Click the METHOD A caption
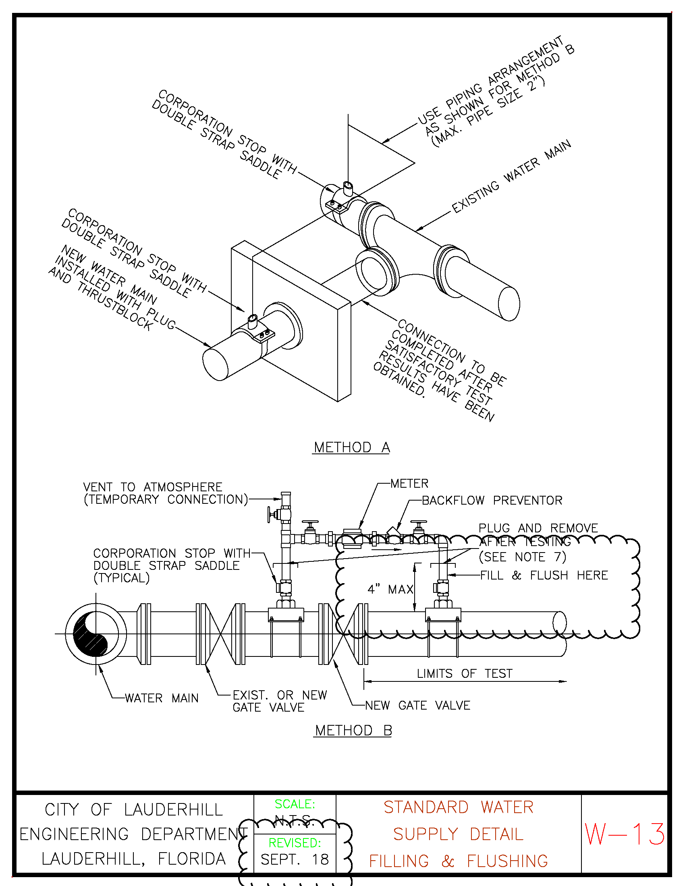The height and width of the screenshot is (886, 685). pyautogui.click(x=351, y=447)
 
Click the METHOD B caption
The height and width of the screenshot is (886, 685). pyautogui.click(x=353, y=730)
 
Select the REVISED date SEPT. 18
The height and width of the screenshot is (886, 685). pyautogui.click(x=295, y=859)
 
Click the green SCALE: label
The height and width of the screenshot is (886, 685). pyautogui.click(x=295, y=804)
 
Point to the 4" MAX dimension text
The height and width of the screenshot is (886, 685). pyautogui.click(x=390, y=589)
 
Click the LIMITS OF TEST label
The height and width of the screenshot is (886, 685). pyautogui.click(x=465, y=673)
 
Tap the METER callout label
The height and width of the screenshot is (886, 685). pyautogui.click(x=409, y=484)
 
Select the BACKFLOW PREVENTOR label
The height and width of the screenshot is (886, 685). pyautogui.click(x=492, y=500)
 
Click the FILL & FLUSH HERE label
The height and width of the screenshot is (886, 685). pyautogui.click(x=544, y=575)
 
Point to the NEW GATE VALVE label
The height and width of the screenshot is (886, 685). pyautogui.click(x=418, y=706)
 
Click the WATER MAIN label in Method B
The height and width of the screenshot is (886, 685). pyautogui.click(x=162, y=698)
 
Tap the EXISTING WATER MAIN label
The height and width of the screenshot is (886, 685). pyautogui.click(x=511, y=176)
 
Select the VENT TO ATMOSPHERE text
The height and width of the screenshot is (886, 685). pyautogui.click(x=153, y=487)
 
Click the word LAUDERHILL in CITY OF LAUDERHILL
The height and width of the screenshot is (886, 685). pyautogui.click(x=174, y=809)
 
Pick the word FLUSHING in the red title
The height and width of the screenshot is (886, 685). pyautogui.click(x=507, y=861)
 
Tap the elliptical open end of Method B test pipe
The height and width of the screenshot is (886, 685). pyautogui.click(x=560, y=623)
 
